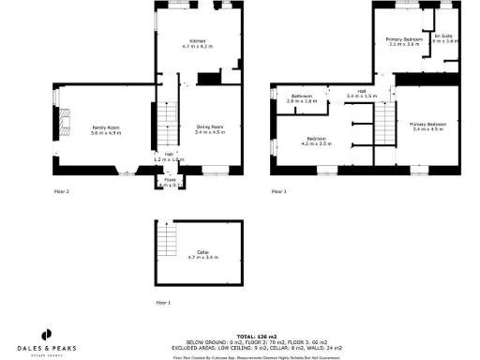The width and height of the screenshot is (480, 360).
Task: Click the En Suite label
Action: (444, 38)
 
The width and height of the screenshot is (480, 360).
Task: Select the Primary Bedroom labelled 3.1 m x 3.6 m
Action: (404, 41)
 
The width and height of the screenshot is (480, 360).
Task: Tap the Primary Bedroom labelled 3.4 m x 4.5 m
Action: (427, 126)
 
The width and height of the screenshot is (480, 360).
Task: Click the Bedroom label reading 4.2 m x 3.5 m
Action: (316, 142)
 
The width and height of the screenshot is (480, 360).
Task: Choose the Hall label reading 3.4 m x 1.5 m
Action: (360, 94)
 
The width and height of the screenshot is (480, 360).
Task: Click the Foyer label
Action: (170, 184)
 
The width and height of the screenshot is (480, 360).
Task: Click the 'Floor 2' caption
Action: (61, 191)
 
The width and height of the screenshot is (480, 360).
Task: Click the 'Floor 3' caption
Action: (278, 191)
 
